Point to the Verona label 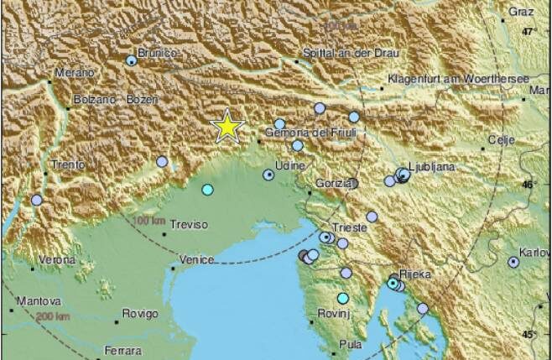tap(57, 260)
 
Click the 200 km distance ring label tap(53, 316)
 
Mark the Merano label tap(75, 73)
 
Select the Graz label tap(521, 13)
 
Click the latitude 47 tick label tap(528, 32)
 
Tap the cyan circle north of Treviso tap(208, 190)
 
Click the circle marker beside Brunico tap(132, 60)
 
